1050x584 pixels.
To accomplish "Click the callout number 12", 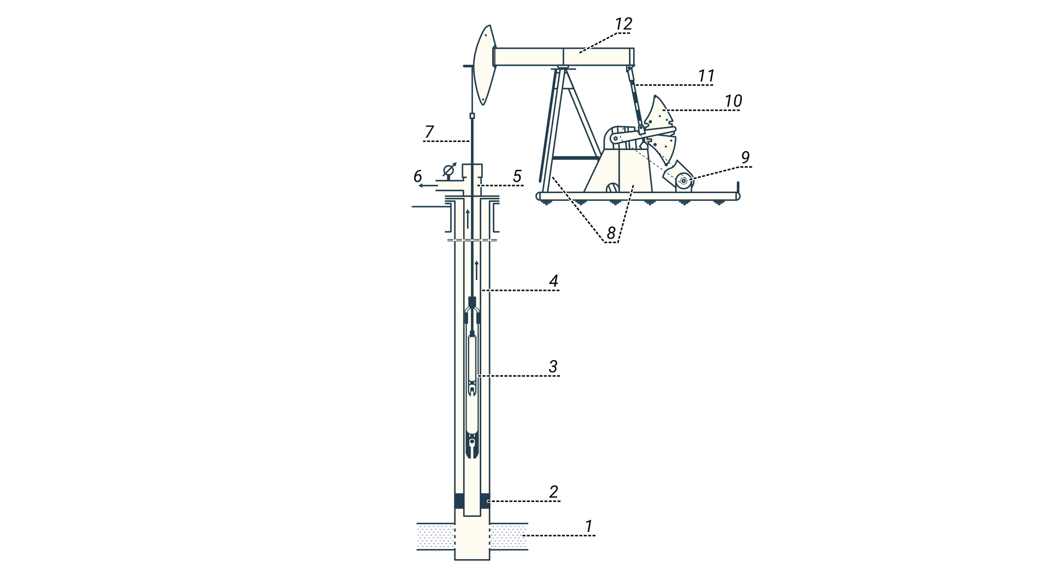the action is coord(623,24).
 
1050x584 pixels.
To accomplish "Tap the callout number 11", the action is coord(706,76).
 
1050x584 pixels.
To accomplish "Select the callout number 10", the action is coord(733,101).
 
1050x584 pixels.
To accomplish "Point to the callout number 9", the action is coord(745,158).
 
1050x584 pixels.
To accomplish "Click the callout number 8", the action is coord(611,233).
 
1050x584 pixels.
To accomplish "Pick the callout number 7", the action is coord(429,132).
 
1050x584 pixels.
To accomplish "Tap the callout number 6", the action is coord(417,176).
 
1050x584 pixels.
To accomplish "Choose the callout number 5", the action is coord(517,176).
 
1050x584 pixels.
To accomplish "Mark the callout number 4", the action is coord(553,281).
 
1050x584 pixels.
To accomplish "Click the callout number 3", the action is coord(553,367).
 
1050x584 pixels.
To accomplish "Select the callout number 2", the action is coord(553,492).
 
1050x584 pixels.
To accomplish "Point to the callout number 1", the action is coord(588,527).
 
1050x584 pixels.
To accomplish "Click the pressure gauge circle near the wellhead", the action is coord(448,169).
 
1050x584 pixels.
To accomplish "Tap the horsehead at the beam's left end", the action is coord(485,65).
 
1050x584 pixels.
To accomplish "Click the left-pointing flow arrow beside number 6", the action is coord(428,186).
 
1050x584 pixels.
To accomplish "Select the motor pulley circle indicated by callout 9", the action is coord(683,181).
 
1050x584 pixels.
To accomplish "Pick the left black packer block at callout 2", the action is coord(459,501).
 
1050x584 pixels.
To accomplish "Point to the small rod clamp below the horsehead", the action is coord(472,116).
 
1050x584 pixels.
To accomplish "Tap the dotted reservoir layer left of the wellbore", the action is coord(436,536).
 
